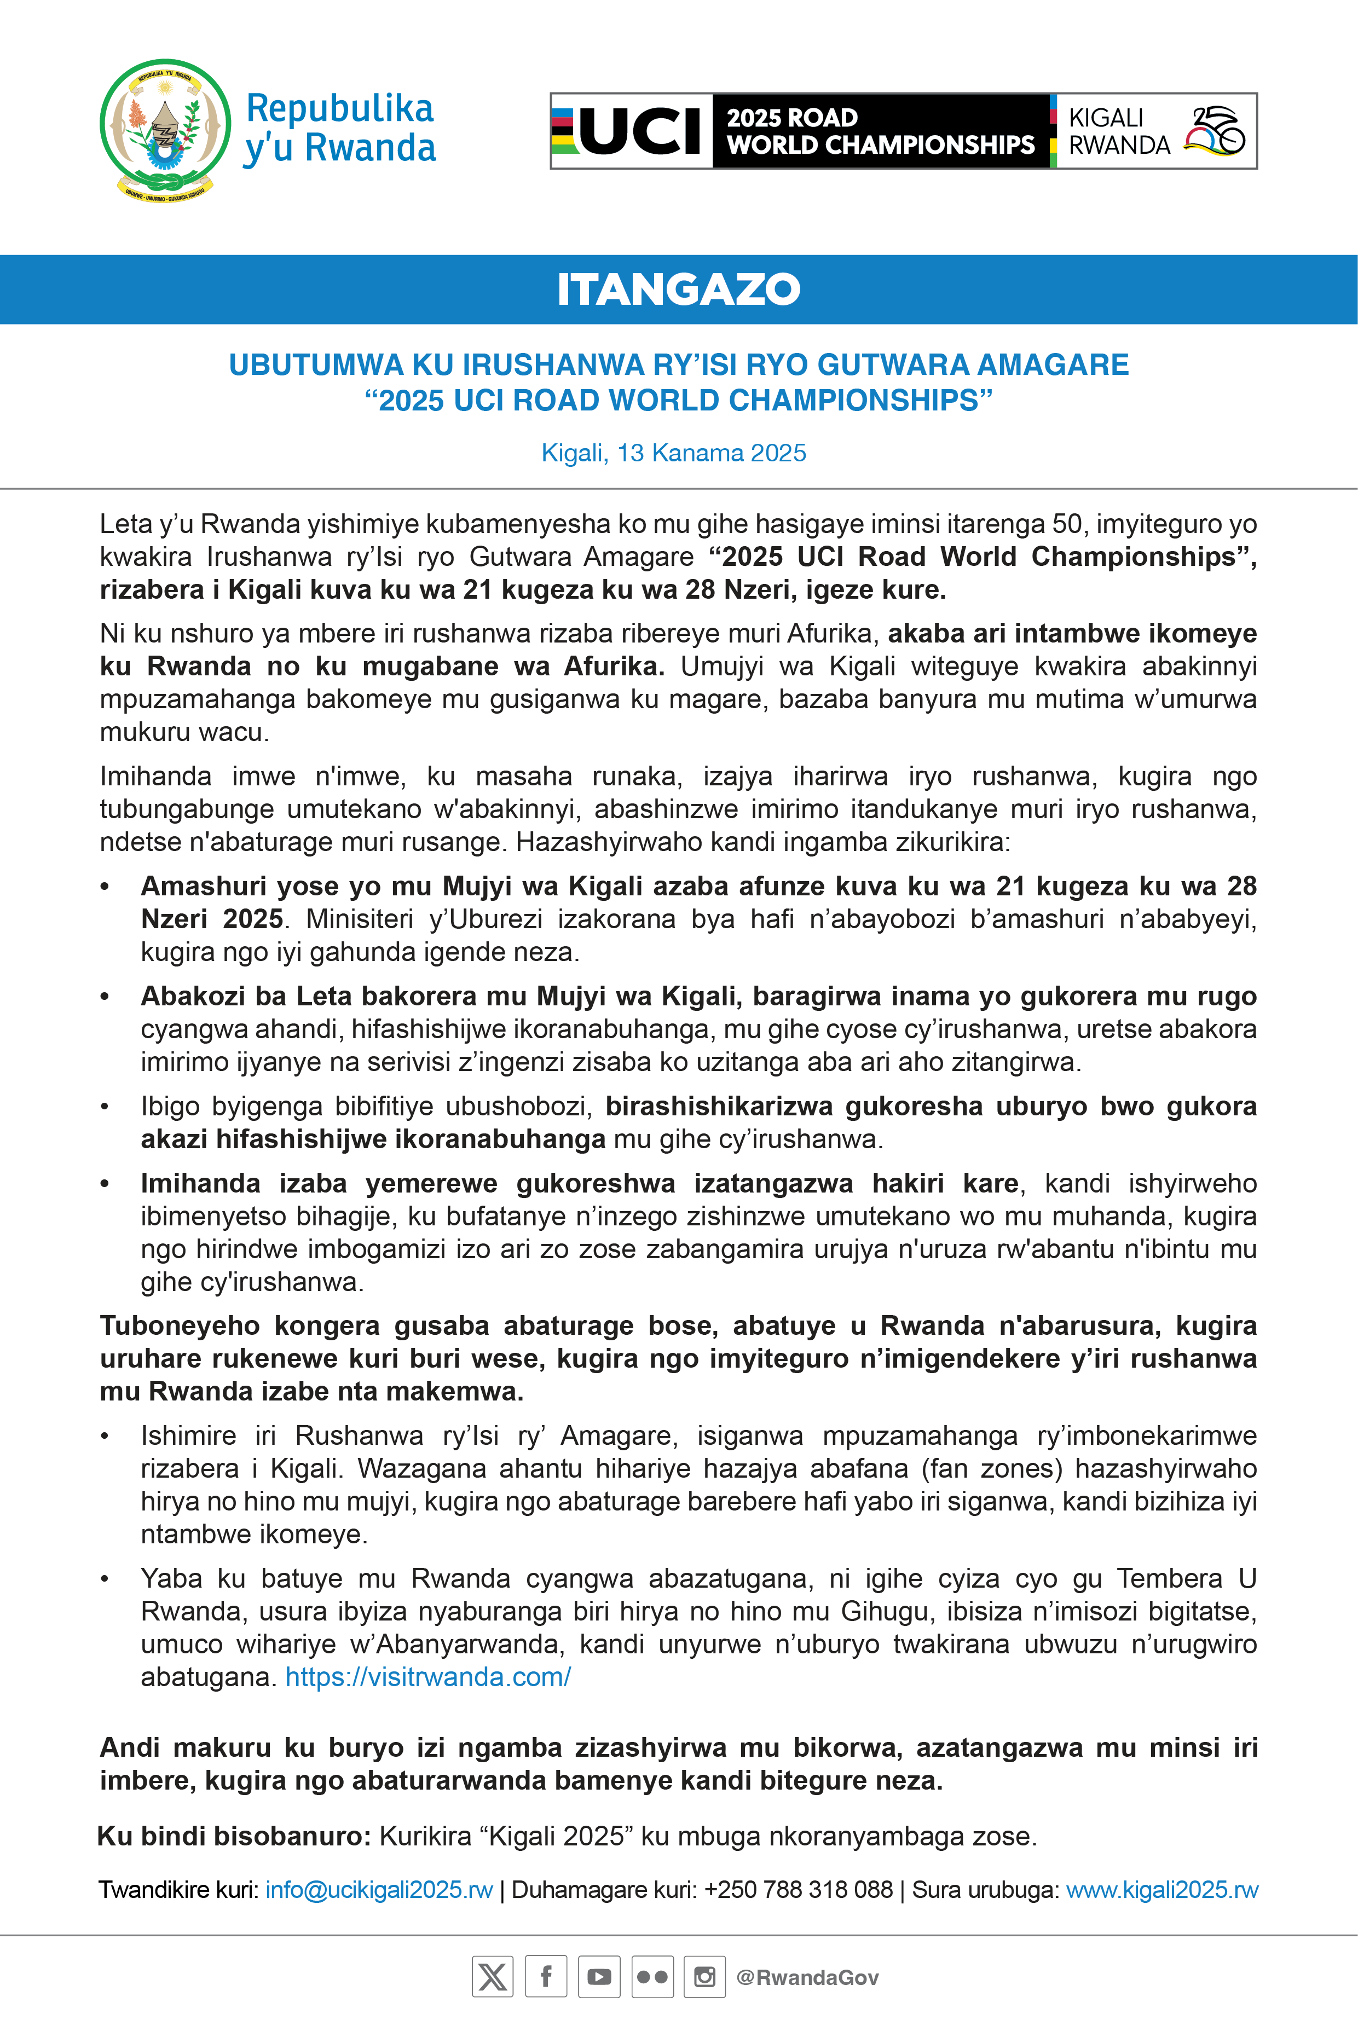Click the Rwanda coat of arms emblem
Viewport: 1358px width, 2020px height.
coord(165,128)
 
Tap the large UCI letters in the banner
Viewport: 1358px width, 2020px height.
coord(640,131)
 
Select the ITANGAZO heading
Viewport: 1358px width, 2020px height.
coord(678,289)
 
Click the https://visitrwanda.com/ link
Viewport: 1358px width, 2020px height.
coord(428,1676)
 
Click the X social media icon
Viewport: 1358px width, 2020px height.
coord(492,1977)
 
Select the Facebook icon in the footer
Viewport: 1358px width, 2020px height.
coord(546,1977)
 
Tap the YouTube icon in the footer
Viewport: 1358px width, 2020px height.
coord(598,1977)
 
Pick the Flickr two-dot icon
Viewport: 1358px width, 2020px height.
coord(651,1977)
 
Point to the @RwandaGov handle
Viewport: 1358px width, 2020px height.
coord(807,1977)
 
